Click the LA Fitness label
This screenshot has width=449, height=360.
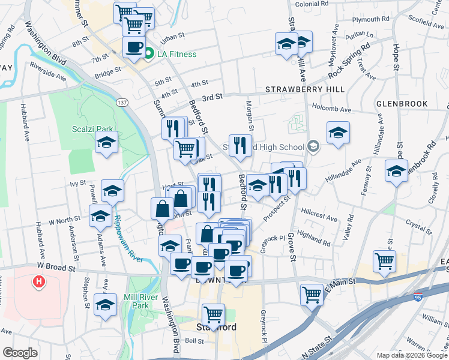click(x=176, y=55)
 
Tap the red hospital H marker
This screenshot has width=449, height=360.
click(x=40, y=281)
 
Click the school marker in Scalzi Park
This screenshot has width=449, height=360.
click(x=107, y=143)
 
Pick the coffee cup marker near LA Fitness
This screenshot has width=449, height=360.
click(x=134, y=47)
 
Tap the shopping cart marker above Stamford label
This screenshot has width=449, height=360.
click(x=213, y=314)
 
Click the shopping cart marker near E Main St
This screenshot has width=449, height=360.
click(x=312, y=294)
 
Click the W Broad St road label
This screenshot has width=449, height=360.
click(x=57, y=265)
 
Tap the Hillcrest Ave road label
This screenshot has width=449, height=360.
click(x=319, y=213)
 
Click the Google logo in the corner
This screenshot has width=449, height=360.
click(x=20, y=353)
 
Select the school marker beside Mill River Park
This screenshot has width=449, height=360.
click(x=106, y=304)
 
